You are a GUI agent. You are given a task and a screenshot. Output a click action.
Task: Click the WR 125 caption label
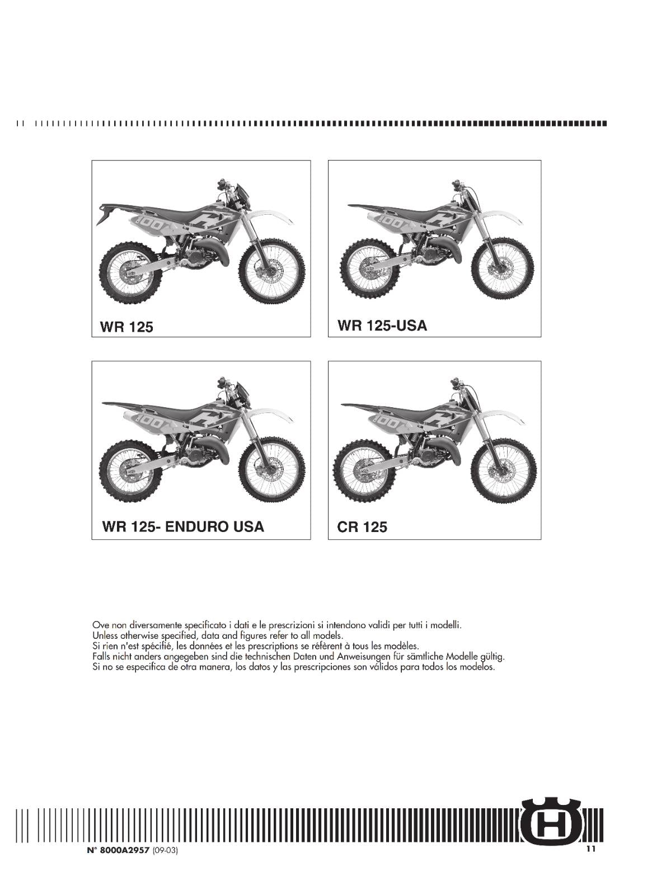tap(126, 327)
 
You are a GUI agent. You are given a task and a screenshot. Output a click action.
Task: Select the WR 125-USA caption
tap(382, 326)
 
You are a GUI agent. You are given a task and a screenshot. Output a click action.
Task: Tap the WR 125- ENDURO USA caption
tap(183, 526)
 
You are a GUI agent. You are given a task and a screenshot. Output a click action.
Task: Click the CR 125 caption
tap(362, 527)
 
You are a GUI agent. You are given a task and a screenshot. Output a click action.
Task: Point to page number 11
tap(591, 849)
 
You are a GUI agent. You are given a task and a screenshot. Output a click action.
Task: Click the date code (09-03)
tap(165, 851)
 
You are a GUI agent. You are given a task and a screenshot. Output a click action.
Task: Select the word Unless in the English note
tap(104, 635)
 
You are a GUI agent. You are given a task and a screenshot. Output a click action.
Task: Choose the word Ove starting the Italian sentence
tap(100, 625)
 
